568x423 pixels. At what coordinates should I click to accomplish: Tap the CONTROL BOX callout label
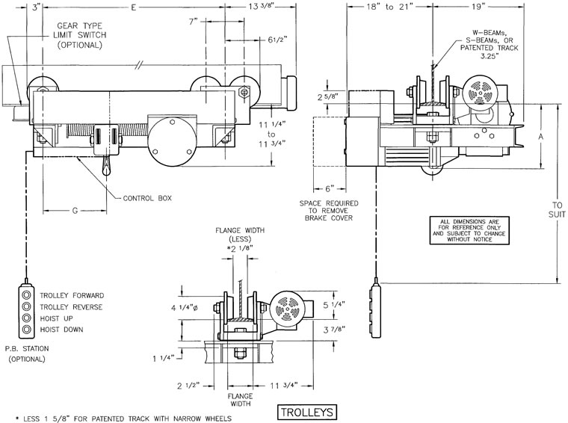click(x=148, y=198)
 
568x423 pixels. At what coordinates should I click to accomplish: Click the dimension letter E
click(x=132, y=7)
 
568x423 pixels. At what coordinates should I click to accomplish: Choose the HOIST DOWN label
click(x=61, y=329)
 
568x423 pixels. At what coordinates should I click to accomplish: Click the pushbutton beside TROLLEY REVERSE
click(x=27, y=306)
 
